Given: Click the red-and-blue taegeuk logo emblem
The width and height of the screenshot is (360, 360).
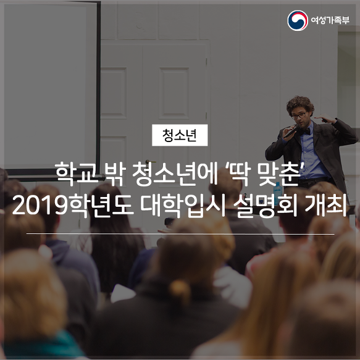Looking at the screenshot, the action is click(298, 20).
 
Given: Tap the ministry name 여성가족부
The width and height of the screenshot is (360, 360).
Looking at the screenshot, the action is click(330, 20).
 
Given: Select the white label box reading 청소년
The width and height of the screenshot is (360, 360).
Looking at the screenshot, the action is click(180, 135).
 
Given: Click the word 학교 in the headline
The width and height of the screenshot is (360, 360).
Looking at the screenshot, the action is click(77, 174).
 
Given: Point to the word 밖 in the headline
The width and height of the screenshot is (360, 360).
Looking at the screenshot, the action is click(115, 174).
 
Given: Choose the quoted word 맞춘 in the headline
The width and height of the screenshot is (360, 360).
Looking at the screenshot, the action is click(278, 174).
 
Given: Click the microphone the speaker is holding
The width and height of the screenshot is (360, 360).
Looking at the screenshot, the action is click(291, 132).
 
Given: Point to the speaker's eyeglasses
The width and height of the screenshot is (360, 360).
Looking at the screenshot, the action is click(299, 115).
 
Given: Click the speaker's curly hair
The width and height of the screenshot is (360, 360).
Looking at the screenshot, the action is click(300, 104).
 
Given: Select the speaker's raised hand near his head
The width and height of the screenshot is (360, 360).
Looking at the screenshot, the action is click(325, 119).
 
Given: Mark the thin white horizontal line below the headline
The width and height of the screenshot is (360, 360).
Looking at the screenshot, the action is click(180, 234).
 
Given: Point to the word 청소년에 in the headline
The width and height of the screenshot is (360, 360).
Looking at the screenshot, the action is click(175, 174).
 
